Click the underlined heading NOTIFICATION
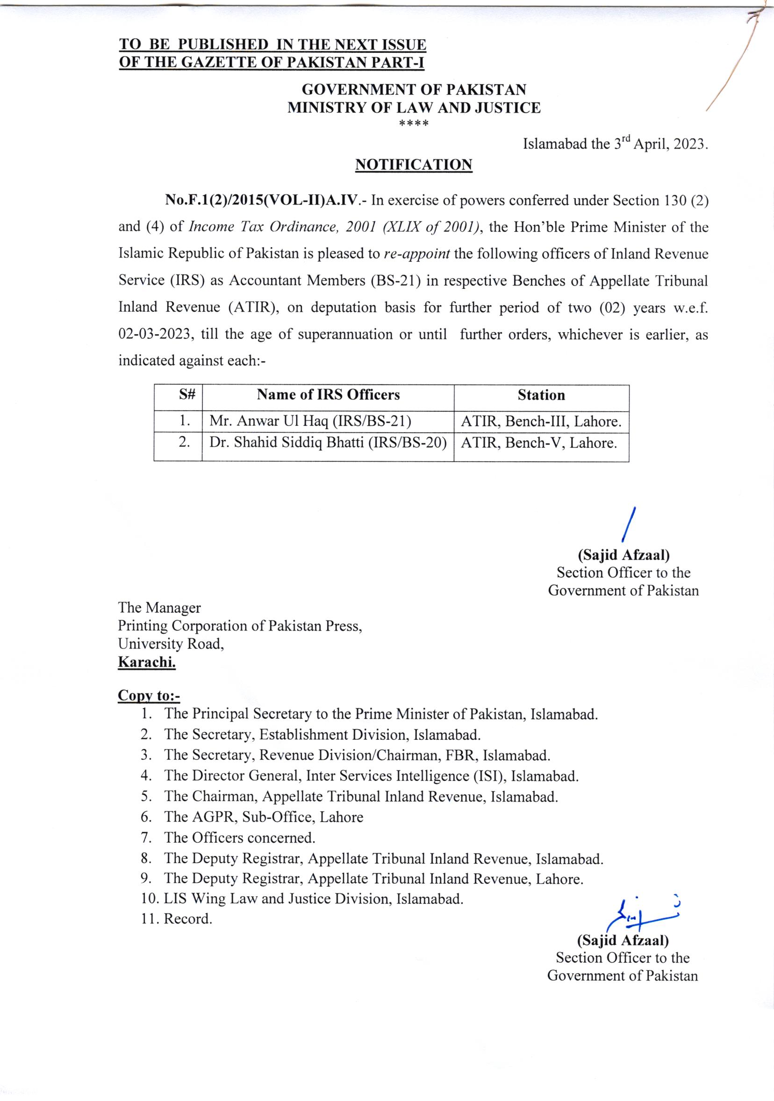tap(413, 164)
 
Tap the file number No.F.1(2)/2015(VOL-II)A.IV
tap(261, 200)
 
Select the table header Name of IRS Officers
tap(328, 395)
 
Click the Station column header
tap(541, 395)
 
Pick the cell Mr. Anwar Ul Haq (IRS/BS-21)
tap(310, 421)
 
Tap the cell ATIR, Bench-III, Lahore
tap(541, 422)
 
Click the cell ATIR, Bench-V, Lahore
tap(538, 443)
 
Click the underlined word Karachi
tap(147, 662)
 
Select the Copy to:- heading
tap(149, 695)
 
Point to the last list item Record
tap(187, 919)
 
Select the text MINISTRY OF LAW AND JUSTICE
tap(414, 108)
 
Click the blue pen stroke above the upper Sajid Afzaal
tap(629, 525)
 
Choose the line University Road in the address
tap(171, 643)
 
